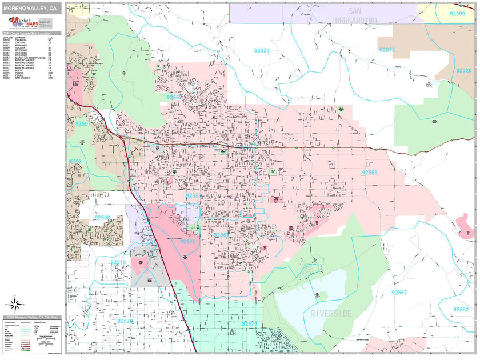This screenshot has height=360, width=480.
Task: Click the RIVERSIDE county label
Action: pos(331,314)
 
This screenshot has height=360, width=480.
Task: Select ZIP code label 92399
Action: pos(457,14)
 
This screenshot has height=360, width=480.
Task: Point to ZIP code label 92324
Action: pos(262,51)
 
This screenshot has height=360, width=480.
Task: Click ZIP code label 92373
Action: pos(387,50)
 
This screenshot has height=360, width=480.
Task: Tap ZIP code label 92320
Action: pos(464,70)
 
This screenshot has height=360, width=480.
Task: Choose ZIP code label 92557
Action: pos(174,98)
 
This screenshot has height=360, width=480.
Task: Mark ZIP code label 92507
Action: pos(83,123)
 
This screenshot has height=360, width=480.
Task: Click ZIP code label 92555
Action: pos(370,172)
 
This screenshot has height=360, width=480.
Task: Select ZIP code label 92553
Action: pos(194,195)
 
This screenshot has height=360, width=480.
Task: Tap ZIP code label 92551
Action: pos(222,235)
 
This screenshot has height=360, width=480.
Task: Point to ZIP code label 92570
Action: pos(125,322)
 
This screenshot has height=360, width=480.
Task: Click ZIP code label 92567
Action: pos(399,292)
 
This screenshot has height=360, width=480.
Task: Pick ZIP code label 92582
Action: pos(461,309)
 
